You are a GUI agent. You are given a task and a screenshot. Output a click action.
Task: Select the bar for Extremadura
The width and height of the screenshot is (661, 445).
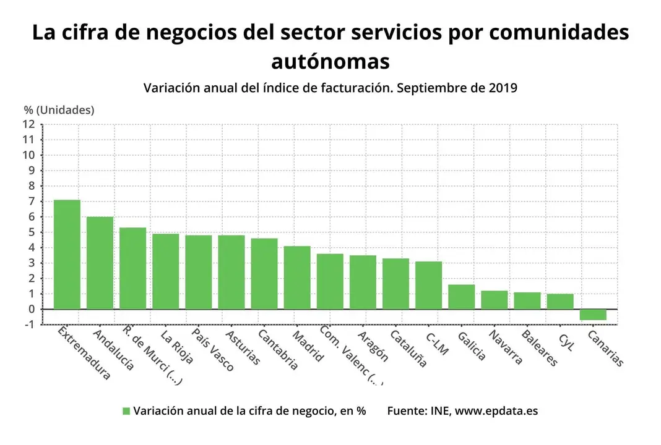point(67,254)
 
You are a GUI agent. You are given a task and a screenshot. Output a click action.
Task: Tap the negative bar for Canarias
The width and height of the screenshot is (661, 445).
point(593,315)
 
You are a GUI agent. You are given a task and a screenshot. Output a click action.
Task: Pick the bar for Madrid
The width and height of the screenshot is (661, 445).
point(297,278)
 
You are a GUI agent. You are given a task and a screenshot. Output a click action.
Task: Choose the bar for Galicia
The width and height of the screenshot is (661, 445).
point(461,297)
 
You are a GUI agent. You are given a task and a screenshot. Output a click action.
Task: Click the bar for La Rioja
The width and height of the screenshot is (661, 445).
point(165,271)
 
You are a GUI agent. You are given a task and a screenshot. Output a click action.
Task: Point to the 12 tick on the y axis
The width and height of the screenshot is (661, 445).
point(28,124)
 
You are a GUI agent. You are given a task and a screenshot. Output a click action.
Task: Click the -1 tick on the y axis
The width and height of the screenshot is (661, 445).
point(28,324)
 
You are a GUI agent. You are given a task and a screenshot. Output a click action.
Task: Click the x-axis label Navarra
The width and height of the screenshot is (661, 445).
point(505,347)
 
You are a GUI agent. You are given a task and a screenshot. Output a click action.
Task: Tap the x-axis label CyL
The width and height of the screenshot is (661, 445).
point(566,342)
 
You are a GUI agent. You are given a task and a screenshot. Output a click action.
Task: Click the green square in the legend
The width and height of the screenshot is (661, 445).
point(126,411)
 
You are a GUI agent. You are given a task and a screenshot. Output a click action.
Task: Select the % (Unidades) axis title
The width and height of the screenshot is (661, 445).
point(59,110)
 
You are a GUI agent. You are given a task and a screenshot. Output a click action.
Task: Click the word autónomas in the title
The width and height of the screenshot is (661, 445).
point(330,61)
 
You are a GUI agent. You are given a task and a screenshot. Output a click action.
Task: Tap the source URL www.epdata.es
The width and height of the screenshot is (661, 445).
point(496,411)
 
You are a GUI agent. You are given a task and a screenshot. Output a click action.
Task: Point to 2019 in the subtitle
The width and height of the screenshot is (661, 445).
point(502,88)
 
